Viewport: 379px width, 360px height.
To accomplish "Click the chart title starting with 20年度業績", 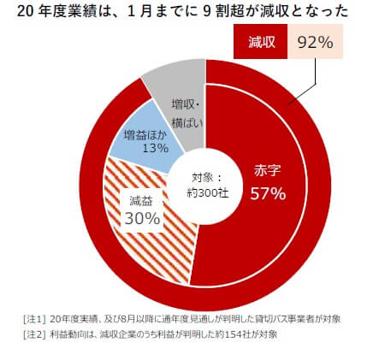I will (175, 11).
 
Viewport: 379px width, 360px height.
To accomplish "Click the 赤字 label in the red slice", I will (268, 170).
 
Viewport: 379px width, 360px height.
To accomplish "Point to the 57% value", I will (268, 193).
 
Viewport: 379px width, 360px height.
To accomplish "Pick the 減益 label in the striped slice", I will (141, 199).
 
